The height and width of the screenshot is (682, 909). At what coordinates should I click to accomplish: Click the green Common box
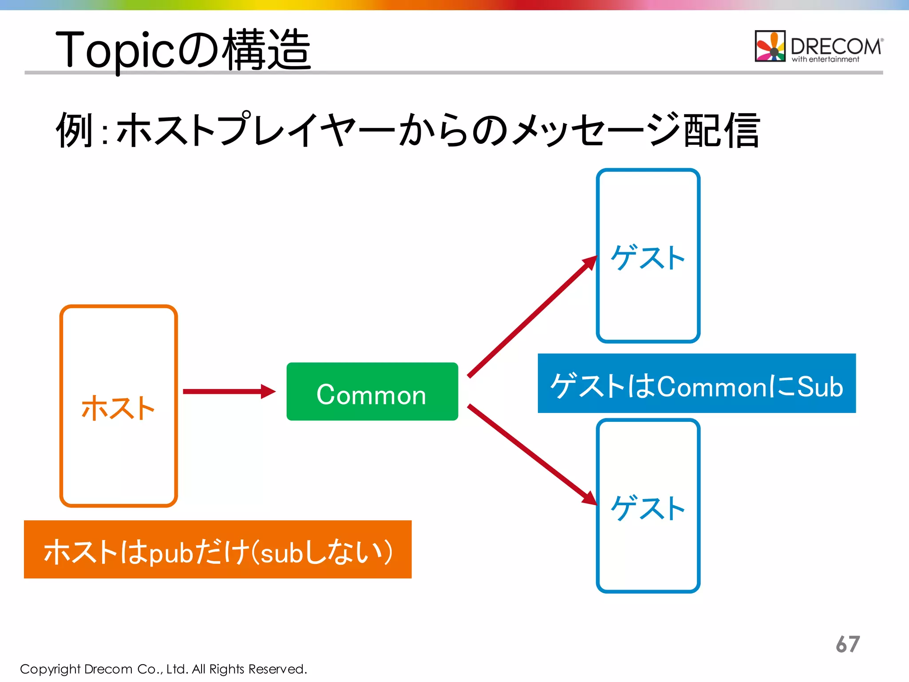click(x=372, y=392)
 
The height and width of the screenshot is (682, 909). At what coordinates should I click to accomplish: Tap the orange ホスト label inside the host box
click(x=118, y=408)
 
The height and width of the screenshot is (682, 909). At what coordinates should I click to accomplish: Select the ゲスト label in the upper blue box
click(x=648, y=258)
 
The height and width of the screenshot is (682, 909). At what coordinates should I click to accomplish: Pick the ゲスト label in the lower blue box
click(x=648, y=508)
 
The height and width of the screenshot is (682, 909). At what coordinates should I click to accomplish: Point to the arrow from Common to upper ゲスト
click(x=533, y=317)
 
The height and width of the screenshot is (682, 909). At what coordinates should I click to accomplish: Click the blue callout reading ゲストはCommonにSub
click(x=696, y=384)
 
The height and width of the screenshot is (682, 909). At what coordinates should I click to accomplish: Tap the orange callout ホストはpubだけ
click(x=217, y=550)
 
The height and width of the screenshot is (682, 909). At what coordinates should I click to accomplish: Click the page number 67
click(x=848, y=644)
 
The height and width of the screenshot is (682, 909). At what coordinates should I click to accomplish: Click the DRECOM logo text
click(x=836, y=46)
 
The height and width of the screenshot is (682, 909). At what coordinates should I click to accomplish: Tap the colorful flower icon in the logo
click(x=771, y=46)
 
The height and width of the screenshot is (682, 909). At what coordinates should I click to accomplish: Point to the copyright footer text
click(x=163, y=669)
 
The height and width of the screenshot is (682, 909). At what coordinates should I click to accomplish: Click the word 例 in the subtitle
click(x=74, y=130)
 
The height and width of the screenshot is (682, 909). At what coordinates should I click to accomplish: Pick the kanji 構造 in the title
click(x=266, y=50)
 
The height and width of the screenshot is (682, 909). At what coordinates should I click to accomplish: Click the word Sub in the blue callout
click(x=820, y=386)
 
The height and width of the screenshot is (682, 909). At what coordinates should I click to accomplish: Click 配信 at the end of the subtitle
click(x=722, y=130)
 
